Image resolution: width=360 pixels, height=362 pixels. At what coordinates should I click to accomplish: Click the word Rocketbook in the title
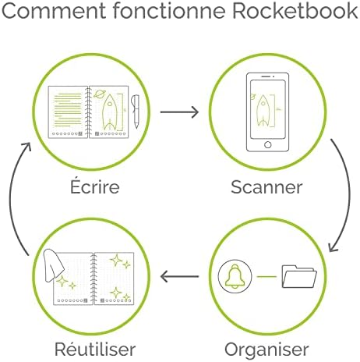point(295,10)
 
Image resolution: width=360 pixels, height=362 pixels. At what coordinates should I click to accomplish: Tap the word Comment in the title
point(54,10)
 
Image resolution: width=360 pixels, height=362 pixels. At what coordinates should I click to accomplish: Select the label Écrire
point(95,186)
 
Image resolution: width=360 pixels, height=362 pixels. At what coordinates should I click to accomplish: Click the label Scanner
point(266,187)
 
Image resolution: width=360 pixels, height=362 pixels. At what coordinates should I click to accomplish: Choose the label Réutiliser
point(95,349)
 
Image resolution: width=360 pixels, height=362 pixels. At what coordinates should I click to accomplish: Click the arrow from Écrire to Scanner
point(179,112)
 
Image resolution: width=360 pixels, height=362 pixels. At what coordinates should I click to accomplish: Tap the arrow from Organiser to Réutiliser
point(179,276)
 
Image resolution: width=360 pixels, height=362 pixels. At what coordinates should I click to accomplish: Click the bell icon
point(235,276)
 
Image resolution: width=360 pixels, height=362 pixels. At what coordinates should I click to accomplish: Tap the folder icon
point(299,276)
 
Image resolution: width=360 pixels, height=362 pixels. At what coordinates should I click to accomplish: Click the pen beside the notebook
point(136,112)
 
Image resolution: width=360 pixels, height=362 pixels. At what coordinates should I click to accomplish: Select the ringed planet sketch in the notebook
point(99,94)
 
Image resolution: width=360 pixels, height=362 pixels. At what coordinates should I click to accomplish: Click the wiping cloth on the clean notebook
point(53,265)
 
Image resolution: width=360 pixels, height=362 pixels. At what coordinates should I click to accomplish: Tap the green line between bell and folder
point(266,276)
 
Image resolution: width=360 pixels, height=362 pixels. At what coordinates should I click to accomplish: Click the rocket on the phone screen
point(263,111)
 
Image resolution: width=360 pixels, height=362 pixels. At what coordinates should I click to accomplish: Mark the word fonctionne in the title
point(169,10)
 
